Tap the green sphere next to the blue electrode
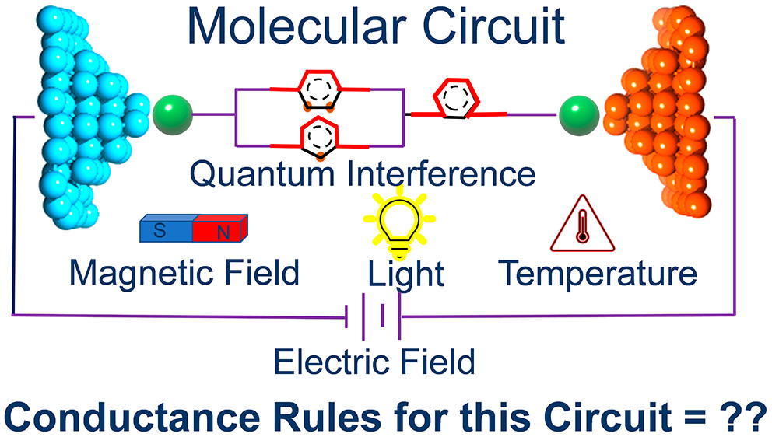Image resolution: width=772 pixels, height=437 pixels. (x=172, y=114)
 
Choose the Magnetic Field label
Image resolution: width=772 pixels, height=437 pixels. (x=184, y=272)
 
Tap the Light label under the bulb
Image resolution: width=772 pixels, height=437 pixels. (x=405, y=274)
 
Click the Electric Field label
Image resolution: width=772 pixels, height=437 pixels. (x=374, y=362)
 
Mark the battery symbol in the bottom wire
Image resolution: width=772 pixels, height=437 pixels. (x=374, y=317)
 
